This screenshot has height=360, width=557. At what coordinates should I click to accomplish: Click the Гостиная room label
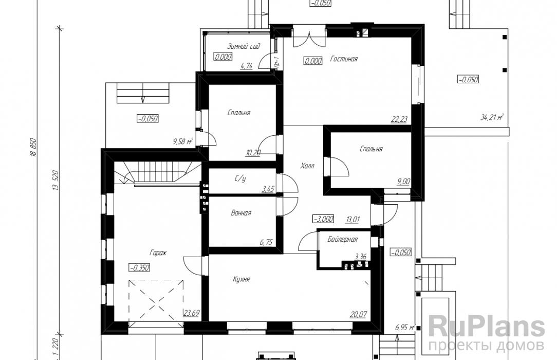(x=344, y=59)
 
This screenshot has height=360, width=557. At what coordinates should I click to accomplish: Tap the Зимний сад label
(x=244, y=46)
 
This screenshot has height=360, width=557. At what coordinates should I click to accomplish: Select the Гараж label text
(x=158, y=253)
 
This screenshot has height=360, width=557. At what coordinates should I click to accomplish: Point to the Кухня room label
(x=241, y=279)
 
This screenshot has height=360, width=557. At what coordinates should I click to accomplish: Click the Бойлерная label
(x=342, y=240)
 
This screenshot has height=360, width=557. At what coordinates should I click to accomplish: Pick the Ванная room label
(x=241, y=213)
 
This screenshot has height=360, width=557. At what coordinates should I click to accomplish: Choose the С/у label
(x=240, y=179)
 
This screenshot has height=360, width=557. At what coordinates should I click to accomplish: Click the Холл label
(x=307, y=166)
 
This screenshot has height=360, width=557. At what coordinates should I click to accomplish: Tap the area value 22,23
(x=399, y=119)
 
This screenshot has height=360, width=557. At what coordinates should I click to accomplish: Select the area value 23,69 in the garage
(x=191, y=313)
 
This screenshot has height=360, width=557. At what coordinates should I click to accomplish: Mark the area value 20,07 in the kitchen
(x=358, y=315)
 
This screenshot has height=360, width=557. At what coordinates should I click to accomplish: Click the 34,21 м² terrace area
(x=492, y=117)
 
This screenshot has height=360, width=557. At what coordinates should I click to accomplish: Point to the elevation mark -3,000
(x=323, y=219)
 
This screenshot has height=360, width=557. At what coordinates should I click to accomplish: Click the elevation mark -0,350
(x=139, y=267)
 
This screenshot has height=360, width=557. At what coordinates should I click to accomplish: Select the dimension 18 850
(x=34, y=148)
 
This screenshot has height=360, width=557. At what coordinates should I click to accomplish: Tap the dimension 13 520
(x=55, y=181)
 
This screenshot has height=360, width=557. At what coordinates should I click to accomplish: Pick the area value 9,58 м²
(x=183, y=142)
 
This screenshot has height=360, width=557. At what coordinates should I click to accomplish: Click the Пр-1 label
(x=277, y=62)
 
